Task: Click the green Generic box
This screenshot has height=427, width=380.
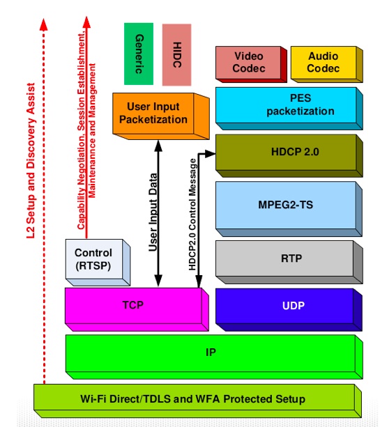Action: pyautogui.click(x=139, y=54)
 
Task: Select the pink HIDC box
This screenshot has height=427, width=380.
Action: pyautogui.click(x=176, y=54)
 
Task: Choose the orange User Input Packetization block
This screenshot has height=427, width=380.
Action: pyautogui.click(x=159, y=113)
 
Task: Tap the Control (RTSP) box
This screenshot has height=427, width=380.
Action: pyautogui.click(x=93, y=258)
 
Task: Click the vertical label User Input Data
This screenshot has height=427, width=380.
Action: pyautogui.click(x=152, y=212)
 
